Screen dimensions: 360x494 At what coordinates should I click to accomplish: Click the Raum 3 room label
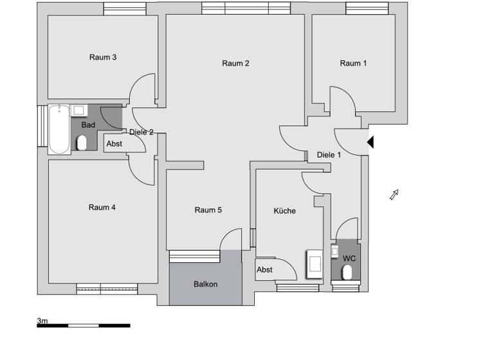[x=103, y=57]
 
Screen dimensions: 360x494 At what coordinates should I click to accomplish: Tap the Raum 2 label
[x=235, y=63]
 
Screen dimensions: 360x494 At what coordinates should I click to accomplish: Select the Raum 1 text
[x=353, y=63]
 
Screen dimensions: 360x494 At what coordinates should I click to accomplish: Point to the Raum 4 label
[x=102, y=207]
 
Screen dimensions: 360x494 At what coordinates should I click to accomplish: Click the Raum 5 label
[x=208, y=210]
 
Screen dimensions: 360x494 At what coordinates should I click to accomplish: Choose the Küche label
[x=284, y=211]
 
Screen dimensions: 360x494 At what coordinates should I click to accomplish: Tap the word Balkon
[x=206, y=284]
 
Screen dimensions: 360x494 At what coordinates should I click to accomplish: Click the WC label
[x=349, y=258]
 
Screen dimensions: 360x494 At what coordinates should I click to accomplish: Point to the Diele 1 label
[x=329, y=155]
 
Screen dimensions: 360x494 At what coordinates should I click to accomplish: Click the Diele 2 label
[x=142, y=132]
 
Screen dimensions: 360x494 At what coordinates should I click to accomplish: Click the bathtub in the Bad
[x=59, y=130]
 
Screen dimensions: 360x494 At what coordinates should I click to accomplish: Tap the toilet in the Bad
[x=82, y=143]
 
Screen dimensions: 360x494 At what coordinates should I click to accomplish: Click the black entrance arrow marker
[x=370, y=141]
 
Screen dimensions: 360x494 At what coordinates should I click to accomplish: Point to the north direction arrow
[x=394, y=195]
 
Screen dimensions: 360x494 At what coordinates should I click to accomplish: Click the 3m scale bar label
[x=42, y=319]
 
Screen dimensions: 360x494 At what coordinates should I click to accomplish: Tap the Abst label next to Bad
[x=114, y=144]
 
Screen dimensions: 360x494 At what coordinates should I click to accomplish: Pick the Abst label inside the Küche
[x=265, y=270]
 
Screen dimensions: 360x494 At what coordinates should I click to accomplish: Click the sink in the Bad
[x=79, y=110]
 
